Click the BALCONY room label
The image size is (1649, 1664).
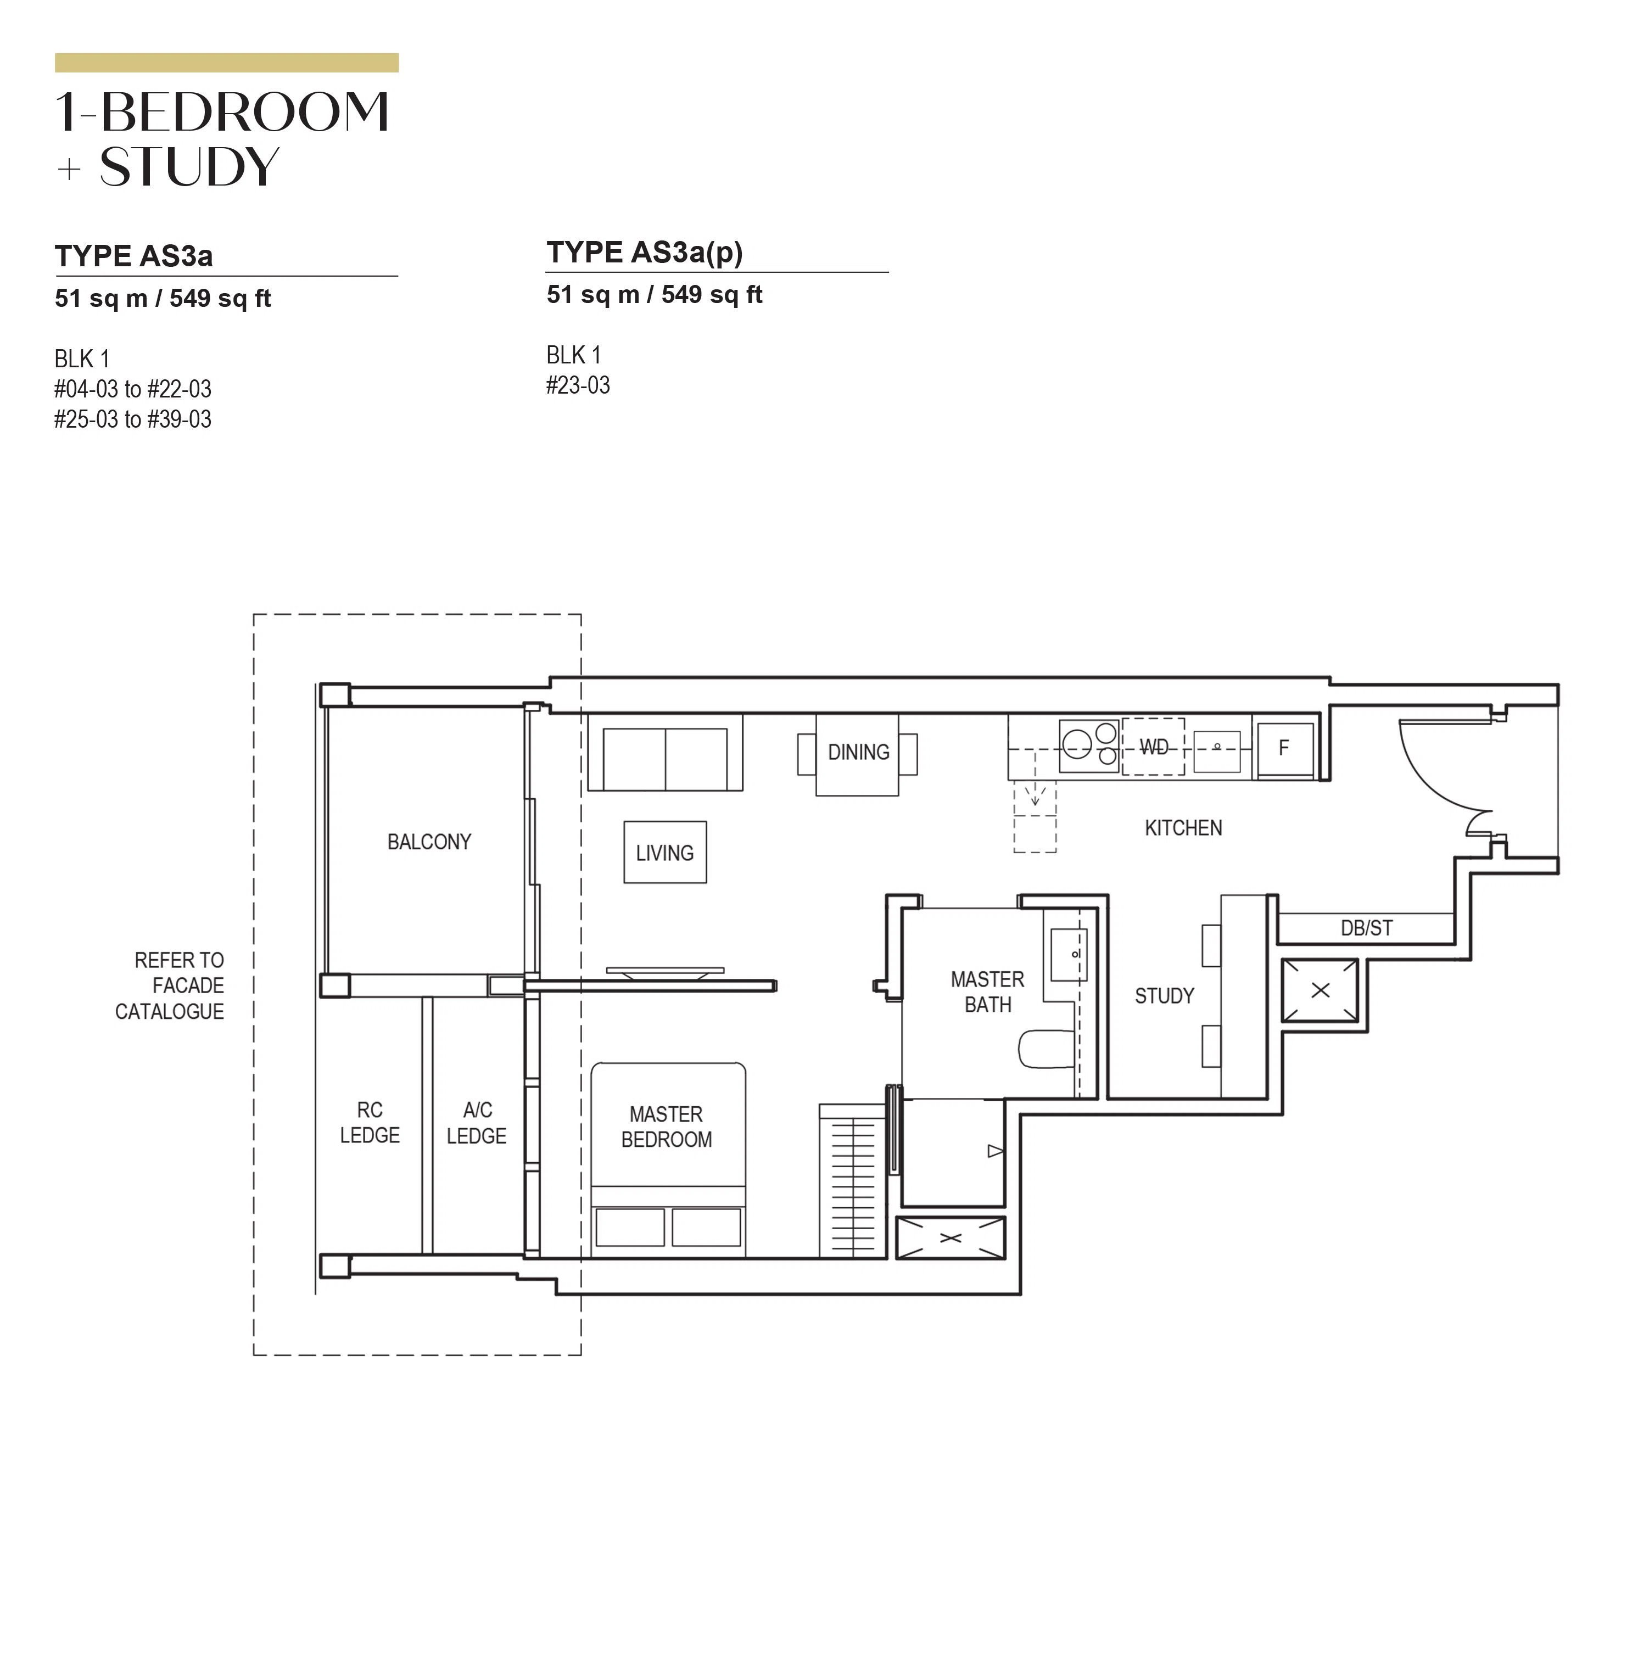click(429, 842)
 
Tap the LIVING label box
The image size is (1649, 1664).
click(665, 852)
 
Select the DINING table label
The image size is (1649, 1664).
click(858, 752)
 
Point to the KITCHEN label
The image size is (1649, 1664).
click(1183, 828)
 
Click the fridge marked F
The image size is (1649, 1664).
click(1284, 748)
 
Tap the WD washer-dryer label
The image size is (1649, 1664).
click(1154, 747)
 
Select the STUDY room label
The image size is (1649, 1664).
click(1164, 996)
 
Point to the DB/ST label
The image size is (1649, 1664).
click(1366, 928)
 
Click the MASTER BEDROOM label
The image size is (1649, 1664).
click(666, 1127)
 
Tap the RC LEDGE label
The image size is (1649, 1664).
click(370, 1122)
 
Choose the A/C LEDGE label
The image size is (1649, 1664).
click(477, 1122)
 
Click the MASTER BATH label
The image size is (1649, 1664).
click(987, 991)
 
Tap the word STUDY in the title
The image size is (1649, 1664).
click(189, 166)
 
